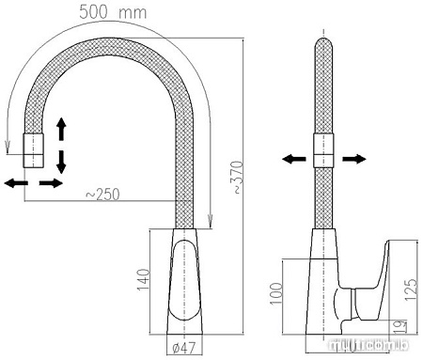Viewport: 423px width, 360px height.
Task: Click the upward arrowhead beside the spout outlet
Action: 62,125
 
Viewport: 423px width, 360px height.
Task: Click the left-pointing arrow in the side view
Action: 290,160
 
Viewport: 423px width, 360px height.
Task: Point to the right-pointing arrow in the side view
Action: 354,160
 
